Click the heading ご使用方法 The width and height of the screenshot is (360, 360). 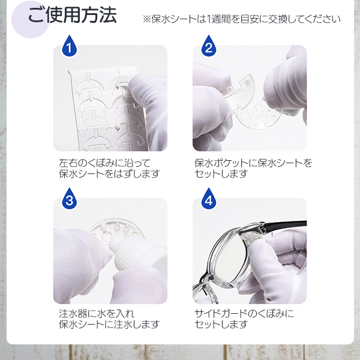[x=73, y=16]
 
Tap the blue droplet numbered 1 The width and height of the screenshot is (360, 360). [x=69, y=46]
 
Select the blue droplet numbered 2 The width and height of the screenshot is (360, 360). [x=208, y=46]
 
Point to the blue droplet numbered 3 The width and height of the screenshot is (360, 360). [x=69, y=199]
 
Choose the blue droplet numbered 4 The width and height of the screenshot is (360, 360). [x=208, y=199]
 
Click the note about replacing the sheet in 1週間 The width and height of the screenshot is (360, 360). [x=242, y=19]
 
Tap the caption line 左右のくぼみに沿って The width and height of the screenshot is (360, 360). [x=104, y=163]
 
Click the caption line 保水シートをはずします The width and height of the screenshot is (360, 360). [x=109, y=173]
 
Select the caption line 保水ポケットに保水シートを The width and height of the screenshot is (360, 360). [x=253, y=163]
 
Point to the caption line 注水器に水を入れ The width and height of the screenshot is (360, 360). [x=97, y=314]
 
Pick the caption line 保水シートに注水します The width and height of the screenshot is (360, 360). [x=109, y=324]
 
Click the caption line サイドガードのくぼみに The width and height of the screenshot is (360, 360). [x=244, y=314]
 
